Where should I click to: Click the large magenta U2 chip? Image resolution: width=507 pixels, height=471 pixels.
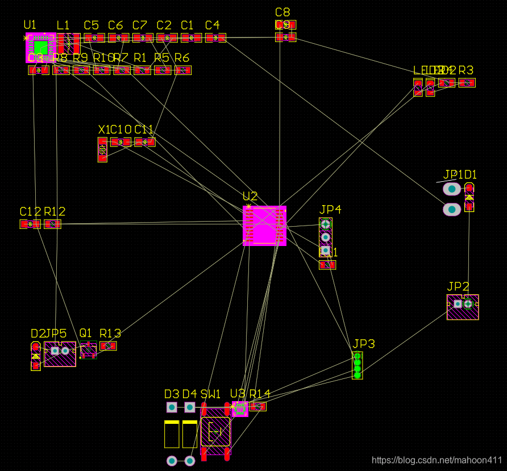(x=264, y=226)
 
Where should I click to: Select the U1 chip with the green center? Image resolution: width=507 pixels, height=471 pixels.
(x=40, y=47)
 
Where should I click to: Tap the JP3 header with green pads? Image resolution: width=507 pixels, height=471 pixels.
(x=357, y=365)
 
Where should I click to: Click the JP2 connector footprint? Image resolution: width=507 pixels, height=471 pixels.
(x=463, y=307)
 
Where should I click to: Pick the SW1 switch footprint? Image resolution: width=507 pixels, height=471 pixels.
(x=215, y=432)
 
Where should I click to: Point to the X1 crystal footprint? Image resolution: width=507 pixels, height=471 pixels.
(x=102, y=150)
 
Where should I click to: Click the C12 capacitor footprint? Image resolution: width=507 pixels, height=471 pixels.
(x=30, y=224)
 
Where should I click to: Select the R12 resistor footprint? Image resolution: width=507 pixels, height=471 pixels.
(x=52, y=224)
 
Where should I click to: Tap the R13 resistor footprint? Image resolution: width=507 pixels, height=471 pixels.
(x=108, y=345)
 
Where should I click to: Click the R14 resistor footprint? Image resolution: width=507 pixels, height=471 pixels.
(x=258, y=406)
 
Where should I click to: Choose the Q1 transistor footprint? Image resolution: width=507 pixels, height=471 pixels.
(x=88, y=351)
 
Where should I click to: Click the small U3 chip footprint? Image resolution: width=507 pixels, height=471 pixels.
(x=239, y=409)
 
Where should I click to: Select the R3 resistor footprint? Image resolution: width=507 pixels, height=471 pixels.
(x=467, y=82)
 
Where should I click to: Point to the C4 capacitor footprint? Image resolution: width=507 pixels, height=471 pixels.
(x=215, y=38)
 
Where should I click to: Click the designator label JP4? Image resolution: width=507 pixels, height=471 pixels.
(x=330, y=210)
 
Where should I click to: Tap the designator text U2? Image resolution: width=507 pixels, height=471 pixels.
(x=250, y=197)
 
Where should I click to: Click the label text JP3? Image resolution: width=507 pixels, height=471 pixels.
(x=364, y=344)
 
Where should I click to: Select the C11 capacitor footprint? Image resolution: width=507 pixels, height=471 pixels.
(x=145, y=142)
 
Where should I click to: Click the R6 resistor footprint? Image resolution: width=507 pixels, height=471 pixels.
(x=182, y=70)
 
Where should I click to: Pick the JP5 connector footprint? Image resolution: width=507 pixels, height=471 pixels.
(x=60, y=353)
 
